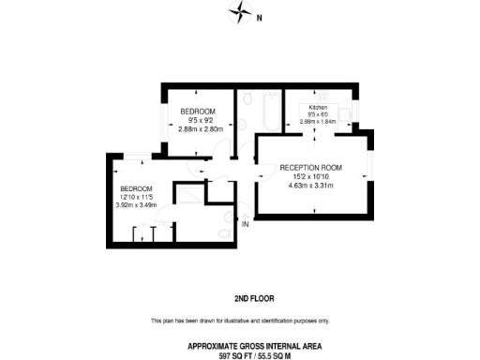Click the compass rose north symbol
coord(241,15)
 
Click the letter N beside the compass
coord(260,17)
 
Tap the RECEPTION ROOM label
coord(311,167)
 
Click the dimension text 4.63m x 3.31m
coord(310,186)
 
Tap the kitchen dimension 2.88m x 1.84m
coord(318,121)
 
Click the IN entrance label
coord(246,225)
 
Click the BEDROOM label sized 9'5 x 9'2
coord(198,111)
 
